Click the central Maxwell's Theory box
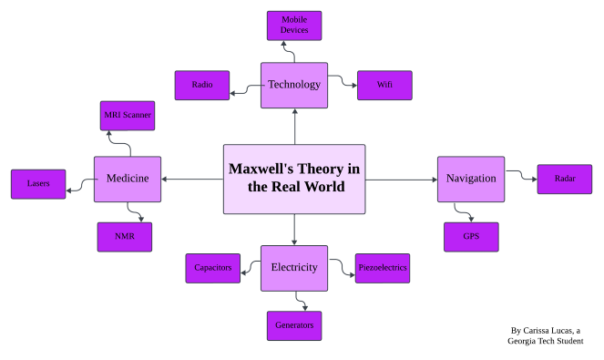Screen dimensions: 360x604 [294, 179]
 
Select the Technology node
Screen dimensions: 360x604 [294, 85]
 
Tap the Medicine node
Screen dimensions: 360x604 [128, 179]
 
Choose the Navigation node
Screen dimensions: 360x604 [471, 179]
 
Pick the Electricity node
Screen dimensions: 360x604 [294, 268]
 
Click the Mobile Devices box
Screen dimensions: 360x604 [294, 26]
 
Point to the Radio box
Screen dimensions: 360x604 [202, 86]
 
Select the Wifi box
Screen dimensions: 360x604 [384, 86]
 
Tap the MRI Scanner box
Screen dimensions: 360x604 [126, 116]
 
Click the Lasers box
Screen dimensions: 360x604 [38, 184]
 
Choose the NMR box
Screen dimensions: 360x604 [125, 237]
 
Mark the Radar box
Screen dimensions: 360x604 [564, 180]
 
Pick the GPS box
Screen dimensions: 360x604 [471, 237]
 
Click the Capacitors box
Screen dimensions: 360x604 [212, 268]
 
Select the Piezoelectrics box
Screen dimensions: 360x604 [382, 268]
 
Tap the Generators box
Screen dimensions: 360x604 [294, 325]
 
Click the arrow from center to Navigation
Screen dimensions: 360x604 [401, 180]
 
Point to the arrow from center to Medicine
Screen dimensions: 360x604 [192, 180]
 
